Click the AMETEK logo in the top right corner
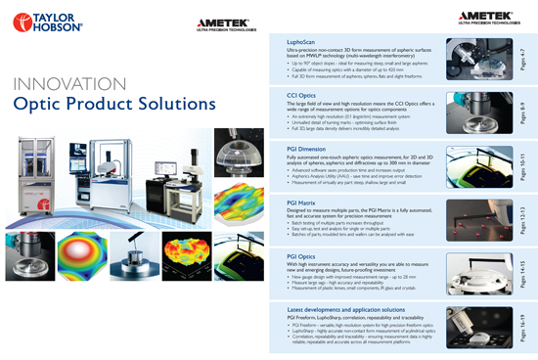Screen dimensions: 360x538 coord(483,14)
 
